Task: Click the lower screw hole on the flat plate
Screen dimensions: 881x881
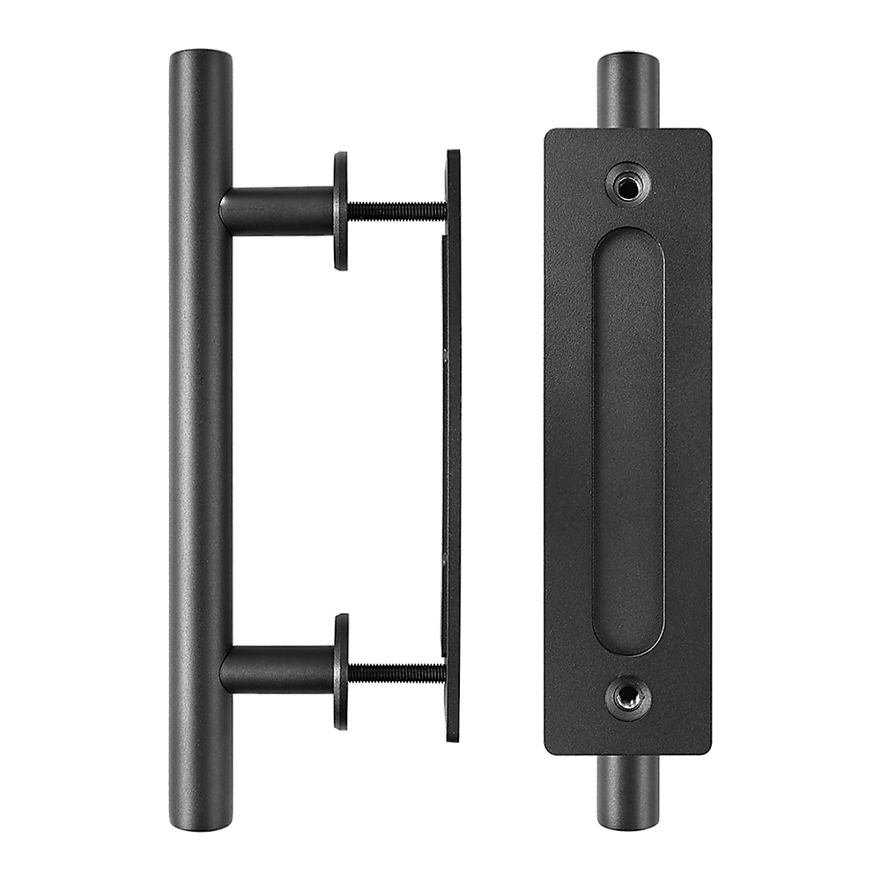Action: (627, 700)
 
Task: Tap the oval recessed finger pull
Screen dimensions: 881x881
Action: (627, 440)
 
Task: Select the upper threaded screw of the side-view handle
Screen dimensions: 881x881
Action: (396, 209)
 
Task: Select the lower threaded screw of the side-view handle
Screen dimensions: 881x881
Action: (396, 672)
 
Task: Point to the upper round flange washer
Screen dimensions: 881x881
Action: (340, 210)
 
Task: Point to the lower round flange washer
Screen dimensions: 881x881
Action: (340, 671)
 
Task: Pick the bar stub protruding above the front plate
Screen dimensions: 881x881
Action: (627, 88)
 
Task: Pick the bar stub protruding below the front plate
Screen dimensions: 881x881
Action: (627, 793)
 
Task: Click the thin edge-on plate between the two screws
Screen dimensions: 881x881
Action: (451, 440)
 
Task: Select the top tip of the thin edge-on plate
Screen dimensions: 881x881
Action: (453, 152)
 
